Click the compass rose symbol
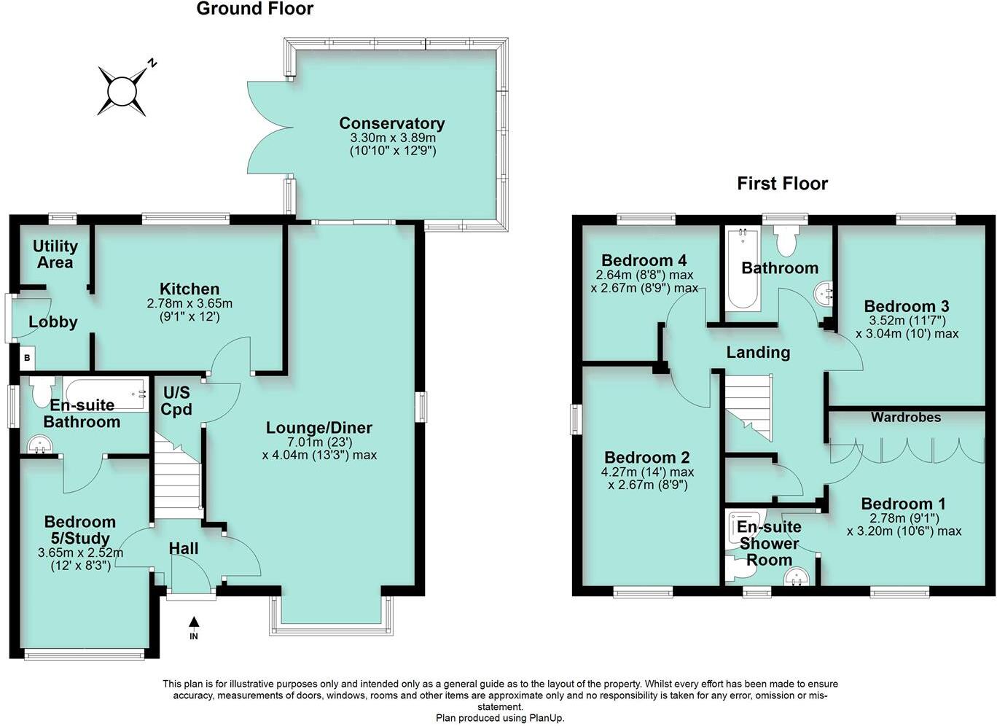(122, 91)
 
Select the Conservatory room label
(391, 123)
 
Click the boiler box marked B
(27, 358)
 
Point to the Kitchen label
(189, 289)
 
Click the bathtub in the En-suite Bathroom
(103, 394)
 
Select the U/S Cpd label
(176, 401)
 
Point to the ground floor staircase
(177, 477)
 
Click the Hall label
(183, 547)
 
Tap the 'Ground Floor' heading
(254, 9)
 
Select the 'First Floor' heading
(782, 183)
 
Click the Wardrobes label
(906, 417)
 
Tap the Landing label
(758, 353)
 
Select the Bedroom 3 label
(906, 306)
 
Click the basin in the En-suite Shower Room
(796, 577)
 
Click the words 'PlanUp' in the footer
(544, 718)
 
